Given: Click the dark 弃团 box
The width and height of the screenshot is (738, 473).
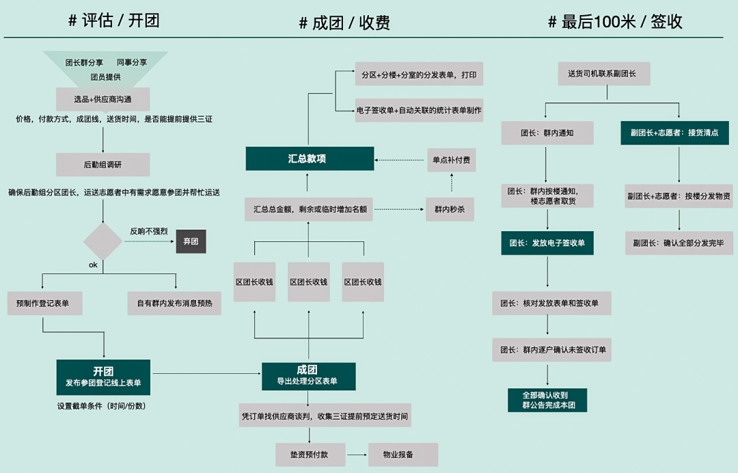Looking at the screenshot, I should click(191, 241).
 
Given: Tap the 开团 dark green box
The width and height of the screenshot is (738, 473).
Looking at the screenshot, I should click(103, 377).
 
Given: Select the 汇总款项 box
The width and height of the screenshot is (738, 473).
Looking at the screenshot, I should click(310, 159).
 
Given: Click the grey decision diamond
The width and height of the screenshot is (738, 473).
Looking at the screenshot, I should click(103, 241).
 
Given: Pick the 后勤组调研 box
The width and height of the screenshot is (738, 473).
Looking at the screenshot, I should click(103, 164).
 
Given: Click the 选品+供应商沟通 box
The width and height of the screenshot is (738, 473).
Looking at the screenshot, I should click(103, 99).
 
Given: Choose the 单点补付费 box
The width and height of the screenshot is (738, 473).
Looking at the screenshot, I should click(451, 160).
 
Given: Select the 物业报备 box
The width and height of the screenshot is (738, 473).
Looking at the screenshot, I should click(403, 455).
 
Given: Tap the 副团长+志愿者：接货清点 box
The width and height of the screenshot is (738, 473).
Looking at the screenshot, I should click(674, 133).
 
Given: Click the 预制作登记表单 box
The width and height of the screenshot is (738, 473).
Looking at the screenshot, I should click(45, 303).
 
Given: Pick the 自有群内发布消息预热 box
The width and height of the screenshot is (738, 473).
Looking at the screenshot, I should click(174, 303).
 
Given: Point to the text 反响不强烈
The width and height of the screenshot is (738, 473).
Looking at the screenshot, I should click(149, 231).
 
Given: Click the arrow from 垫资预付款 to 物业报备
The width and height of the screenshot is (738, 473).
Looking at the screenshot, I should click(357, 455).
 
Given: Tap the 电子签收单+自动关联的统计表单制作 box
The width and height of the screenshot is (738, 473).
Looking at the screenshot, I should click(419, 110).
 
